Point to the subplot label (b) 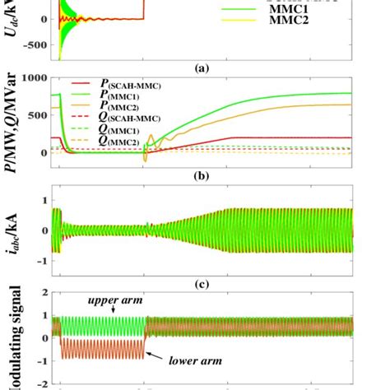click(196, 175)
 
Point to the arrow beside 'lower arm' click(154, 355)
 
